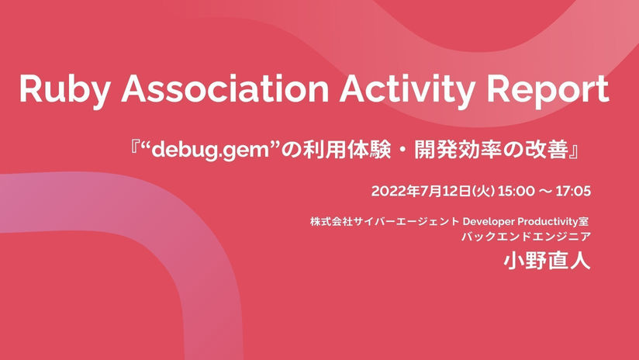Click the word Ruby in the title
tap(64, 91)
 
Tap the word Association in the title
tap(226, 88)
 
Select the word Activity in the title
tap(408, 91)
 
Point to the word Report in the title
tap(548, 91)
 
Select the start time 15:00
tap(516, 191)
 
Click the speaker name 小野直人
tap(547, 261)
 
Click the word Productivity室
tap(554, 222)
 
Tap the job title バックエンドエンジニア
tap(526, 237)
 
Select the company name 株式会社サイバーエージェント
tap(385, 222)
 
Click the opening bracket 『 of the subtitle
tap(136, 148)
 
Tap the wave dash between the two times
tap(545, 191)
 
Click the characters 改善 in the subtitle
tap(546, 151)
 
